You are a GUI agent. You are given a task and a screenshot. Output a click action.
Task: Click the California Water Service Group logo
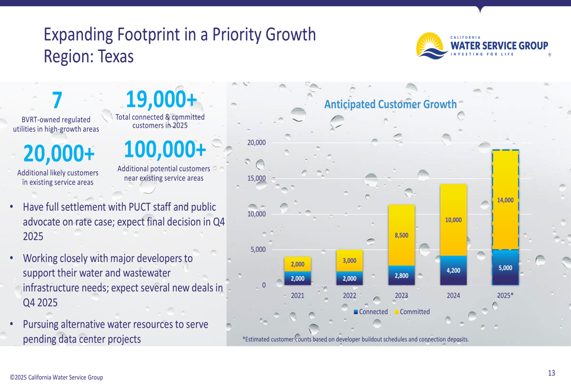tap(482, 45)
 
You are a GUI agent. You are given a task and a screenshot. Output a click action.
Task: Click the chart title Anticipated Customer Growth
tap(390, 104)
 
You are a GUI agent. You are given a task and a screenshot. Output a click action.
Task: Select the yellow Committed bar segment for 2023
tap(401, 235)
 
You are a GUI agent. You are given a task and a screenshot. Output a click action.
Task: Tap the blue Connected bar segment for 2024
tap(453, 271)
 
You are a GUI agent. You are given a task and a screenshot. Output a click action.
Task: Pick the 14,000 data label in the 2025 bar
tap(505, 200)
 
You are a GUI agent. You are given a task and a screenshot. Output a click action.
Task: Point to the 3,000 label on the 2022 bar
tap(349, 260)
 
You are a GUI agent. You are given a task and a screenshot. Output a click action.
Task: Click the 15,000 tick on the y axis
tap(256, 178)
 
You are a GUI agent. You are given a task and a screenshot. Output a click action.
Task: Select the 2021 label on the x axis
tap(297, 296)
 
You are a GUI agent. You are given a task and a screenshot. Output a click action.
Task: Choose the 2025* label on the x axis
tap(505, 296)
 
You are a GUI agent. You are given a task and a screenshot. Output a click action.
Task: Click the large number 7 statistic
tap(56, 101)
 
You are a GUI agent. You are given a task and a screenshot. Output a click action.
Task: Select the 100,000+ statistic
tap(164, 150)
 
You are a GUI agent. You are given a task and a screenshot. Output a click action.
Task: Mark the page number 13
tap(551, 373)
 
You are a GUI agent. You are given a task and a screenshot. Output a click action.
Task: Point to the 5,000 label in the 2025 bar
tap(505, 268)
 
